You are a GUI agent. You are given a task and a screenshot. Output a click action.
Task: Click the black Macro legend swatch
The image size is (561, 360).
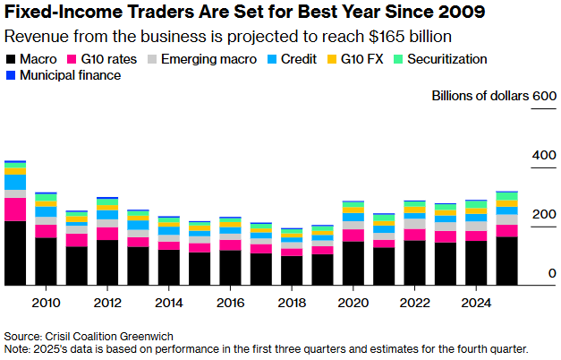point(12,59)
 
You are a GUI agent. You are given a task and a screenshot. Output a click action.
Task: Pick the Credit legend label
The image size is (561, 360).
point(300,59)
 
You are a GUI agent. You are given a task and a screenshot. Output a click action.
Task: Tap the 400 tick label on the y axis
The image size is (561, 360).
point(544,156)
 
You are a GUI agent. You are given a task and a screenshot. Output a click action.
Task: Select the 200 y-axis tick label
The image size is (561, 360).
point(544,215)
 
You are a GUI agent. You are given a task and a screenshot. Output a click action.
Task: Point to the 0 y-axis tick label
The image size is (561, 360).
point(552,274)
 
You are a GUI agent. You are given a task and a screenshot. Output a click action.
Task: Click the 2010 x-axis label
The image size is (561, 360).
point(46,301)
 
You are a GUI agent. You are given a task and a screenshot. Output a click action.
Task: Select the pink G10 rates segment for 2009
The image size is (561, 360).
point(15,209)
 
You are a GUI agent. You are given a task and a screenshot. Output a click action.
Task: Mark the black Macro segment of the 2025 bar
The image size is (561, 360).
point(507,261)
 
